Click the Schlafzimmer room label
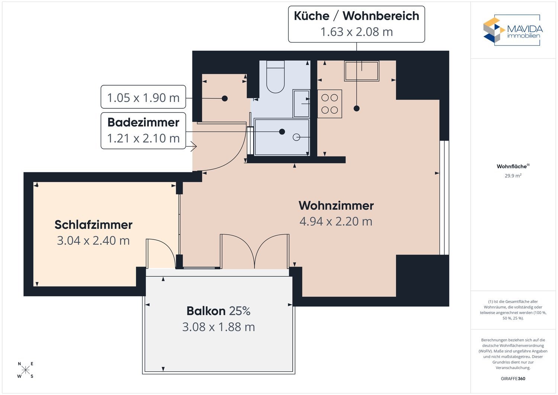point(93,225)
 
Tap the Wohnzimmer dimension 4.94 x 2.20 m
point(336,222)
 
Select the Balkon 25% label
point(218,311)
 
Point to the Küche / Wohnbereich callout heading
point(356,16)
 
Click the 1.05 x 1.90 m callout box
point(143,97)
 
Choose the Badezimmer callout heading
point(143,122)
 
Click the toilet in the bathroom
point(275,77)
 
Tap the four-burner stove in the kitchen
point(330,104)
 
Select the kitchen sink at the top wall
point(362,71)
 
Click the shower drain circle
point(296,137)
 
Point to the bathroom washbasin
point(301,103)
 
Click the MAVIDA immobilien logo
point(513,30)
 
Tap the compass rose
point(25,370)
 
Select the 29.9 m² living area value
point(513,176)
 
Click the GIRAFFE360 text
point(513,379)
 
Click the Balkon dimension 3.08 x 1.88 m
point(218,327)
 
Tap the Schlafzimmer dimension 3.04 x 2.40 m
point(93,240)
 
